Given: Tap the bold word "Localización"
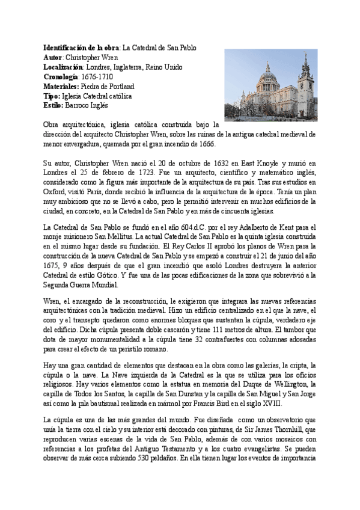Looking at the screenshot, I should (64, 66).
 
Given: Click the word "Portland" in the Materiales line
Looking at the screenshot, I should (121, 86).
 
